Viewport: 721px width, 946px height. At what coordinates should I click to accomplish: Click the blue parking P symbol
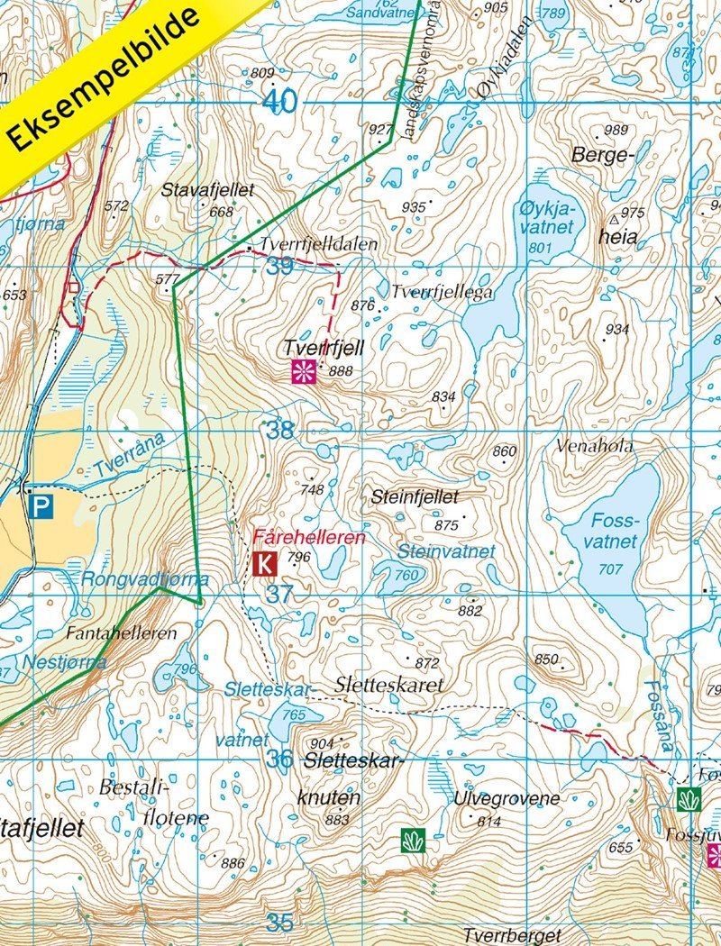click(x=41, y=507)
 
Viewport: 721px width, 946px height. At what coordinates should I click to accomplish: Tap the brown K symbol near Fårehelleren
click(x=264, y=565)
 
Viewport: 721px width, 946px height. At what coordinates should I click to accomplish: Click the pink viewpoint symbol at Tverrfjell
click(x=304, y=371)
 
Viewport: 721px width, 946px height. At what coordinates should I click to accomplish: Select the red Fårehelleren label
click(x=309, y=537)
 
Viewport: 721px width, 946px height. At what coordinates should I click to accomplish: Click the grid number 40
click(x=280, y=102)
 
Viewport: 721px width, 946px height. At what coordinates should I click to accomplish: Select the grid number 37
click(x=280, y=595)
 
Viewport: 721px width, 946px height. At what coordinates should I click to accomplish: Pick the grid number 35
click(x=280, y=923)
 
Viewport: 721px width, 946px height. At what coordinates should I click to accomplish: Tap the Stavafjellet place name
click(x=208, y=190)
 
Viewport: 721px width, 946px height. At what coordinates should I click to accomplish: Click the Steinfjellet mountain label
click(x=415, y=496)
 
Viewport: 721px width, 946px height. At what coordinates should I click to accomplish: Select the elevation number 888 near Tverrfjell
click(x=341, y=371)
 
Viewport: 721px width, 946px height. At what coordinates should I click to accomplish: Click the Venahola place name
click(x=595, y=446)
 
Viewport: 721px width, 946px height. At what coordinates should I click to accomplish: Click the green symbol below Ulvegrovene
click(x=413, y=841)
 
